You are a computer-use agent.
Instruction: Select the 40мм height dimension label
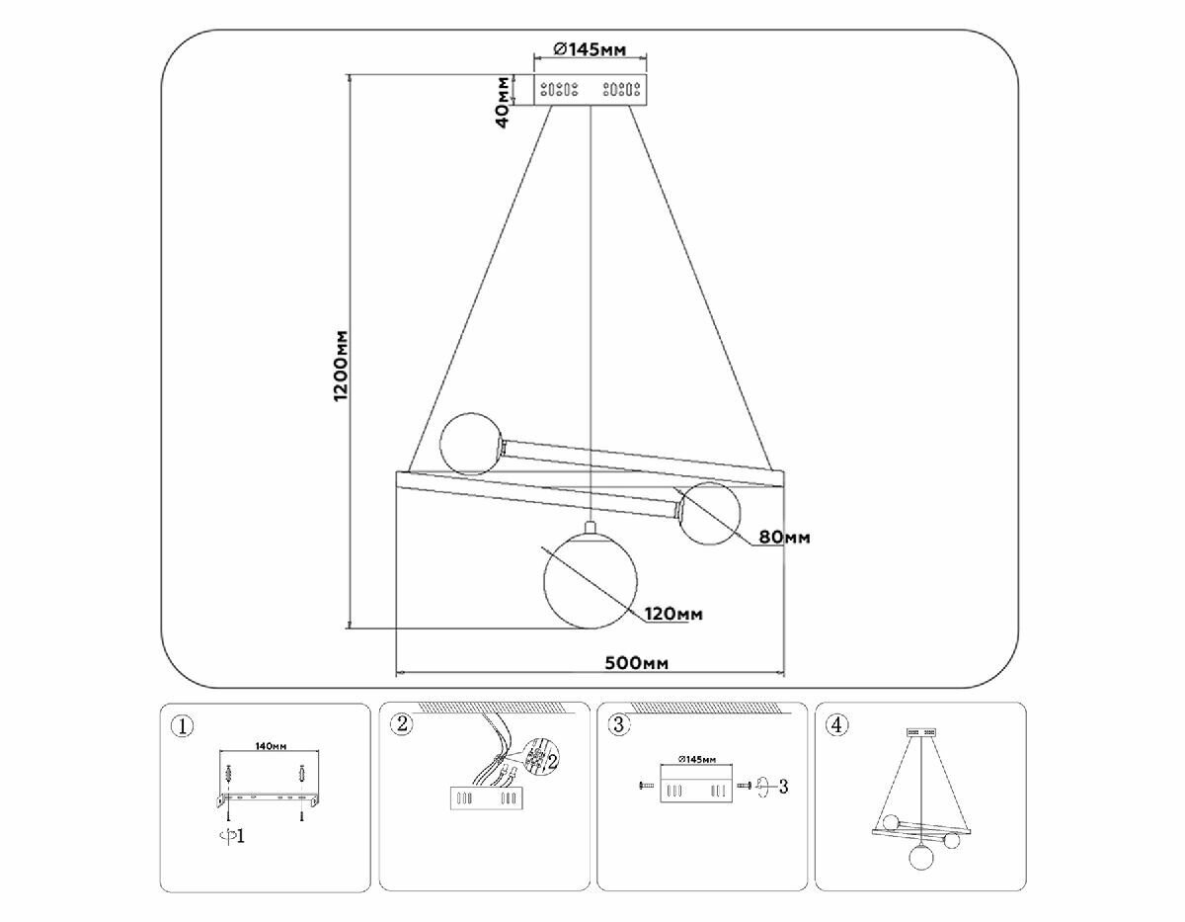504,101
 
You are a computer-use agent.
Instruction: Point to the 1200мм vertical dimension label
342,365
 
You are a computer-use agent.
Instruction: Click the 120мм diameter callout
673,615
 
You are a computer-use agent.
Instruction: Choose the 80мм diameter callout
784,539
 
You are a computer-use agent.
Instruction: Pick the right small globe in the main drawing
710,513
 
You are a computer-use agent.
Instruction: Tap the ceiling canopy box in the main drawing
590,90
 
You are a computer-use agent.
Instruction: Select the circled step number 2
400,724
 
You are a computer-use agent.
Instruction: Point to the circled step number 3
618,725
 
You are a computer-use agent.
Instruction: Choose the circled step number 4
836,725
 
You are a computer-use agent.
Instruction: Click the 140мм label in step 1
271,746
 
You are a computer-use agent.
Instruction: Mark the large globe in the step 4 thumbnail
921,855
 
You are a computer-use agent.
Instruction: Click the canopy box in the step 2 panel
484,798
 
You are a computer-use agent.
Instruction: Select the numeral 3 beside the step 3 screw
781,787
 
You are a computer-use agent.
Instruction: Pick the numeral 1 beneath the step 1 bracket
240,836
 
